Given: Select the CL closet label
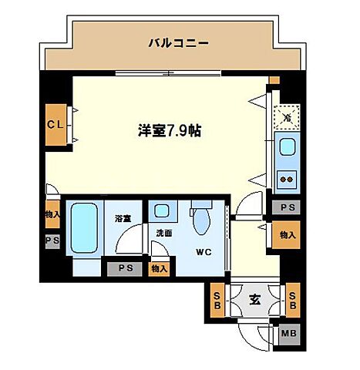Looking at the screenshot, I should pos(55,123).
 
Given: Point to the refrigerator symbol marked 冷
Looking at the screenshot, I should pos(286,118).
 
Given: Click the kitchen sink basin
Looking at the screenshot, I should pos(286,147).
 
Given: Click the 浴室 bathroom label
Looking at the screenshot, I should pos(123,219).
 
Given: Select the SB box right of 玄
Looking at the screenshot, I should pos(292,298).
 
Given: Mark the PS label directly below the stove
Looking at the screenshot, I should pos(287,207).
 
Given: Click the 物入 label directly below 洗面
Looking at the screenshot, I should pos(158,268).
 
